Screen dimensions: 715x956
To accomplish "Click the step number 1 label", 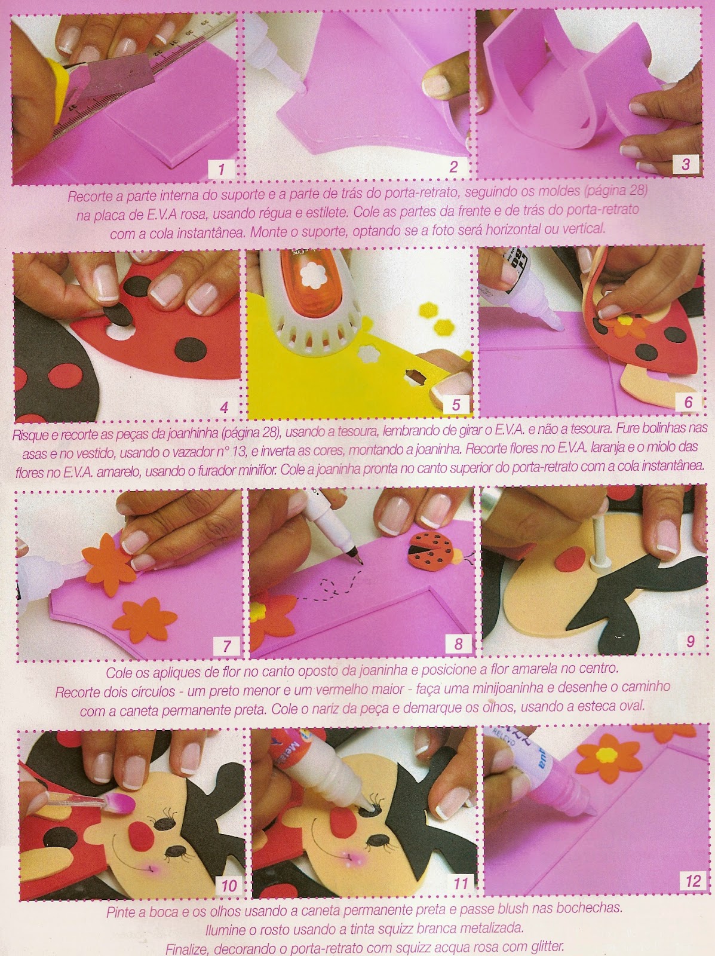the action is (222, 168).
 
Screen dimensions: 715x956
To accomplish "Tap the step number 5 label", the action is (456, 405).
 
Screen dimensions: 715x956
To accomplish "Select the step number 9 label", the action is (690, 641).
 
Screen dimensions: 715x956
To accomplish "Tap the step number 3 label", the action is (686, 164).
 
